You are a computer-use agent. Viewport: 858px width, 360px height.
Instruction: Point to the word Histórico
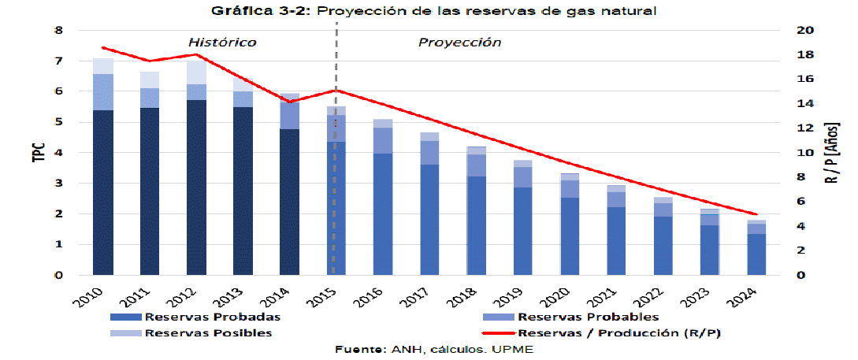pyautogui.click(x=222, y=43)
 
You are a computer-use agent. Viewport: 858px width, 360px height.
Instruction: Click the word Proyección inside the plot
pyautogui.click(x=459, y=43)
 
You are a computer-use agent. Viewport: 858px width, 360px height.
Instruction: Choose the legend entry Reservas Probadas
pyautogui.click(x=212, y=317)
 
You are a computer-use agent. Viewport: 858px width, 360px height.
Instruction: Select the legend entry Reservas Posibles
pyautogui.click(x=208, y=333)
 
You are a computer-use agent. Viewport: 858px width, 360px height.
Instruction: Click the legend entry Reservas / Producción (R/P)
pyautogui.click(x=619, y=333)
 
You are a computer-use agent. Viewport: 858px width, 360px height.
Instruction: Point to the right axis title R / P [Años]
pyautogui.click(x=833, y=153)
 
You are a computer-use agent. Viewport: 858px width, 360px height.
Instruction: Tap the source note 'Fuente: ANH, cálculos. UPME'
pyautogui.click(x=434, y=349)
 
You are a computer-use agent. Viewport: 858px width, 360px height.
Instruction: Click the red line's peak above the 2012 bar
pyautogui.click(x=197, y=54)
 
